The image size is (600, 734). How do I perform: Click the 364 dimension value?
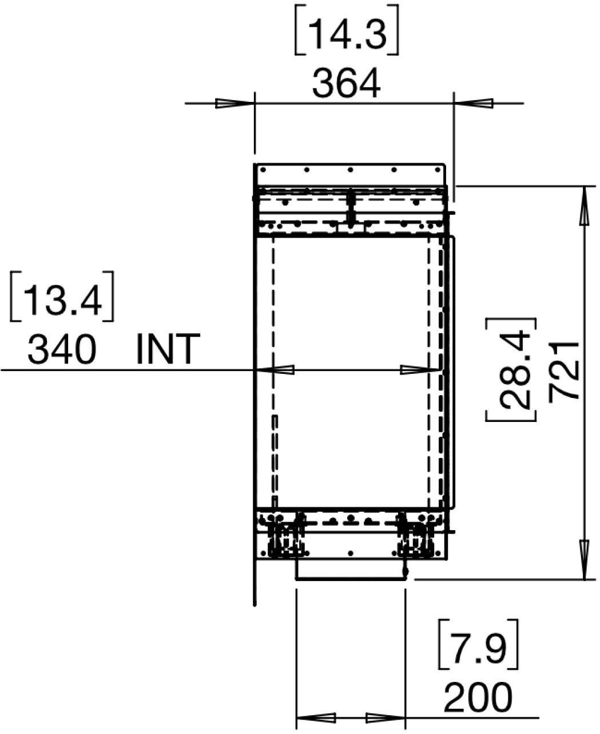tap(346, 84)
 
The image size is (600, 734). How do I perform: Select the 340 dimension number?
tap(61, 349)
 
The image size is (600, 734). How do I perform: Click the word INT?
tap(168, 349)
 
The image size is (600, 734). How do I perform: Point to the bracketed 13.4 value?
tap(62, 296)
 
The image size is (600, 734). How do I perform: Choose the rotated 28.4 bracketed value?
tap(511, 370)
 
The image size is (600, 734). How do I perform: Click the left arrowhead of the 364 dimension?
tap(235, 104)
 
